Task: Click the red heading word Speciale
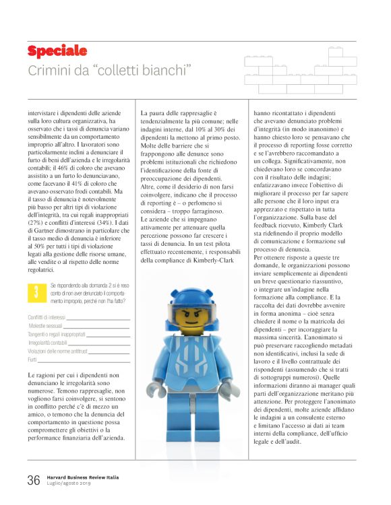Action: (57, 51)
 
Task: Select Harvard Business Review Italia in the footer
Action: (85, 475)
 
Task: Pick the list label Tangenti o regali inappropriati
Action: (57, 334)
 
